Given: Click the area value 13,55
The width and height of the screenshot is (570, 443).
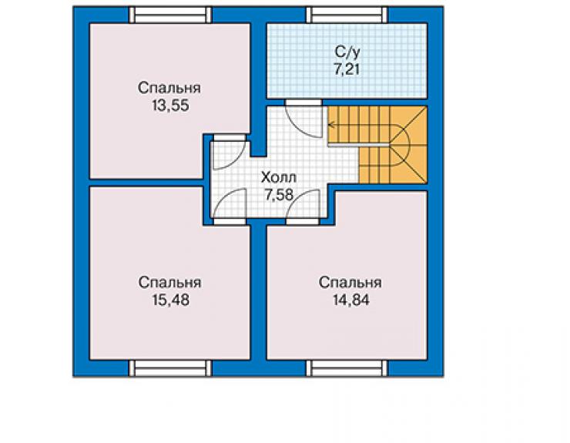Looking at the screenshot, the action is tap(170, 106).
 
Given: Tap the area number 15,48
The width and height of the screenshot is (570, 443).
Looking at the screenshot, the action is tap(170, 300).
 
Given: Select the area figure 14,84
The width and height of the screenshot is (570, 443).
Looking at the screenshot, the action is tap(350, 300).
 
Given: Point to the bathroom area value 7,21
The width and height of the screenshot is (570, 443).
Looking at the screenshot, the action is tap(347, 69).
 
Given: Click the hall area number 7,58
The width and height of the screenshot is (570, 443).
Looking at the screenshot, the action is tap(279, 195).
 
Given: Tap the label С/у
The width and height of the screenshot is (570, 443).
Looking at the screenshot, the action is tap(347, 52).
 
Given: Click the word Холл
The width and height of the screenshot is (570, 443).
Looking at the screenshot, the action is tap(279, 177).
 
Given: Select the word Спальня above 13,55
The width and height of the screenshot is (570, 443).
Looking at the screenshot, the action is tap(169, 89).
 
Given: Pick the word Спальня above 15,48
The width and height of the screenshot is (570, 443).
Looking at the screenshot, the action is tap(169, 283).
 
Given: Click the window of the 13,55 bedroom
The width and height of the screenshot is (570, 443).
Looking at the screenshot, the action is tap(170, 15).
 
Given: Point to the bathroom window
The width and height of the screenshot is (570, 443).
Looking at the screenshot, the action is tap(347, 15).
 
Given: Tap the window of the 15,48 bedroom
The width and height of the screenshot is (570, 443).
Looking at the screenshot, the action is tap(170, 367).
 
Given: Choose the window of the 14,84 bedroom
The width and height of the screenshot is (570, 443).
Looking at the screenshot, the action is tap(347, 367).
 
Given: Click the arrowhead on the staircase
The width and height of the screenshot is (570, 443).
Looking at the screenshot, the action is tap(330, 125).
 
